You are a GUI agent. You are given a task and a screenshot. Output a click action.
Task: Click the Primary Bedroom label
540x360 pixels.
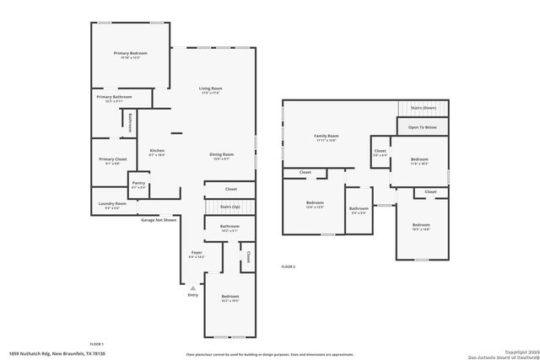pyautogui.click(x=131, y=53)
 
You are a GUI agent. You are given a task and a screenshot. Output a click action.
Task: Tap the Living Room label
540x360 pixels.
pyautogui.click(x=210, y=88)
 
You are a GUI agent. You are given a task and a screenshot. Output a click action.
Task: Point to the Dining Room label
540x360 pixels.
pyautogui.click(x=222, y=154)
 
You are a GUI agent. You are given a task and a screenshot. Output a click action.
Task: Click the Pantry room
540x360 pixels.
pyautogui.click(x=138, y=184)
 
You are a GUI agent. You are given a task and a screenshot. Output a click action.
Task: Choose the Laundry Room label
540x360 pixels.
pyautogui.click(x=112, y=203)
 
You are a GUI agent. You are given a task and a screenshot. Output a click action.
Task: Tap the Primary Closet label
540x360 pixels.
pyautogui.click(x=112, y=159)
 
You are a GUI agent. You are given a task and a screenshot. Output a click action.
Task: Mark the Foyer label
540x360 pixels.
pyautogui.click(x=196, y=252)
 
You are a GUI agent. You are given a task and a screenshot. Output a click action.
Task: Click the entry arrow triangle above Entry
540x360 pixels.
pyautogui.click(x=192, y=287)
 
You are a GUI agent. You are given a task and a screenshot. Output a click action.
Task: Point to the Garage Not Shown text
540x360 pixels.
pyautogui.click(x=159, y=219)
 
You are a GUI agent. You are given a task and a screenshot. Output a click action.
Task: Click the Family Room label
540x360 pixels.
pyautogui.click(x=326, y=136)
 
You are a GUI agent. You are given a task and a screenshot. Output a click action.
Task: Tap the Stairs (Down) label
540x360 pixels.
pyautogui.click(x=423, y=109)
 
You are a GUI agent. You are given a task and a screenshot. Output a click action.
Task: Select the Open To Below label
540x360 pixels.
pyautogui.click(x=422, y=127)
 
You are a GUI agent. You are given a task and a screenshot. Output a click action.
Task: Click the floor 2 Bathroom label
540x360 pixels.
pyautogui.click(x=359, y=208)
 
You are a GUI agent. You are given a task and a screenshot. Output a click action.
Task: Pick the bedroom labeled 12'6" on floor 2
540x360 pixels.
pyautogui.click(x=315, y=203)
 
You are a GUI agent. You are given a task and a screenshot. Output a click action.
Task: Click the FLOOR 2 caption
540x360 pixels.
pyautogui.click(x=289, y=266)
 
